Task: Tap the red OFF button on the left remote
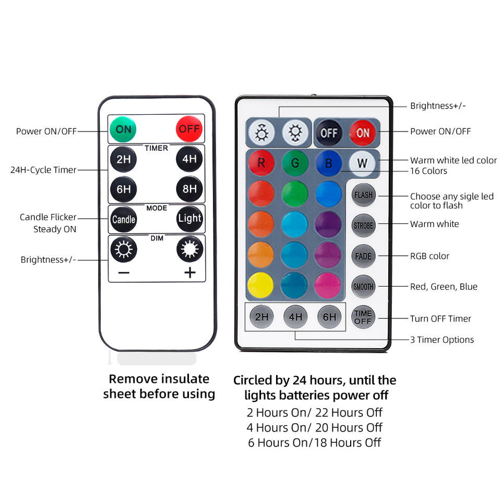point(189,128)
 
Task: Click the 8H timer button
point(189,189)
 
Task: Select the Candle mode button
point(124,219)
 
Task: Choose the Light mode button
point(189,219)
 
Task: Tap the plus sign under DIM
point(189,272)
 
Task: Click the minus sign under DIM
point(124,272)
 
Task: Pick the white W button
point(362,163)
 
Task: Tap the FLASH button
point(363,195)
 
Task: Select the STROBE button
point(363,226)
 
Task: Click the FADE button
point(363,256)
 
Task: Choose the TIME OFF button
point(363,317)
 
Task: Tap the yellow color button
point(261,285)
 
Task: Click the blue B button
point(329,163)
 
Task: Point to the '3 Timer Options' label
point(442,340)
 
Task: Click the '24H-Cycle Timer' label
point(43,170)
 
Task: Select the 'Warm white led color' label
point(454,160)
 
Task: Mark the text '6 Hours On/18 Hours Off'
point(314,443)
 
